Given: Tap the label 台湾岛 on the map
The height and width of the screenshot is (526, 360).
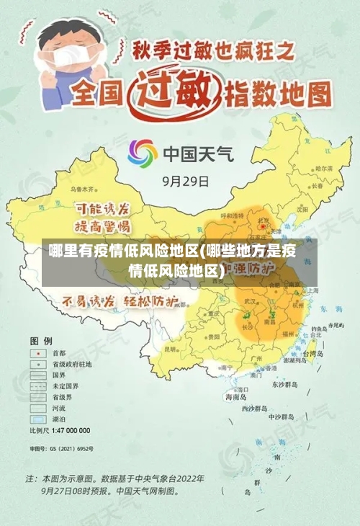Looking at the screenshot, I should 314,355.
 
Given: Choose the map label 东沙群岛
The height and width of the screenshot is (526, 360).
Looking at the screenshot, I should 284,385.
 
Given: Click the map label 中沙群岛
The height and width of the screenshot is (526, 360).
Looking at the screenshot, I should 282,416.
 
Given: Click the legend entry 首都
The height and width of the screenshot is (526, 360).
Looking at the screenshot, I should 58,354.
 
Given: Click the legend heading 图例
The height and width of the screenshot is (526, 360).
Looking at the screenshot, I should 40,339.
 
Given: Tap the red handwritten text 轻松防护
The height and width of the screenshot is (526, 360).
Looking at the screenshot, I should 152,300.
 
